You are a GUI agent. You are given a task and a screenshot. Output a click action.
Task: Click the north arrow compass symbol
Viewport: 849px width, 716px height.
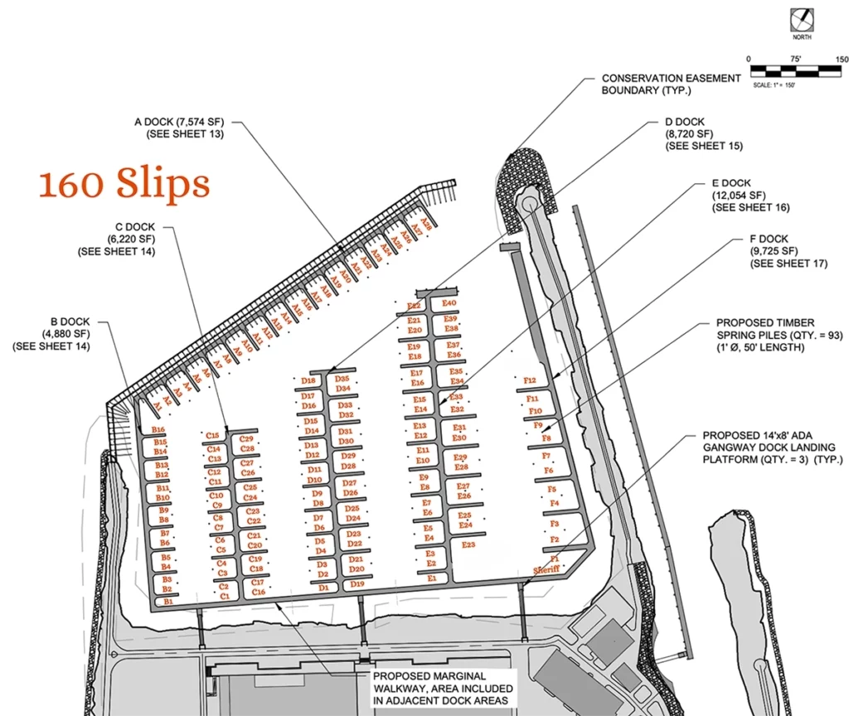pyautogui.click(x=803, y=18)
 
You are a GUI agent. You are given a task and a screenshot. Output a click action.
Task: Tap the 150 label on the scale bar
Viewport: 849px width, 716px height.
pyautogui.click(x=842, y=60)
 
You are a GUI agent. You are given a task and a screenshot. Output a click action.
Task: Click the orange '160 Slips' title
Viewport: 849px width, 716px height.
pyautogui.click(x=124, y=184)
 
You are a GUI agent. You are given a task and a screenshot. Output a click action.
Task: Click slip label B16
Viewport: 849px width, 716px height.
pyautogui.click(x=158, y=430)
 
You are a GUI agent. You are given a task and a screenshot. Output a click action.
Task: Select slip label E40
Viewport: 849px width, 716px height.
pyautogui.click(x=449, y=304)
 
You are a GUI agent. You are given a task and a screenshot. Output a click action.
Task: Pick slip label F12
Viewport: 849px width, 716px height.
pyautogui.click(x=531, y=380)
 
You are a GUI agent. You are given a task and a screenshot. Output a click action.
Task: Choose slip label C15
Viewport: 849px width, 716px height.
pyautogui.click(x=213, y=435)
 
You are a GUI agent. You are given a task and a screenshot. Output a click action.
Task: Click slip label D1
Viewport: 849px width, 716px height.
pyautogui.click(x=324, y=588)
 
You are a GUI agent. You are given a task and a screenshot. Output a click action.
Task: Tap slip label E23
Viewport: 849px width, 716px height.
pyautogui.click(x=468, y=544)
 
